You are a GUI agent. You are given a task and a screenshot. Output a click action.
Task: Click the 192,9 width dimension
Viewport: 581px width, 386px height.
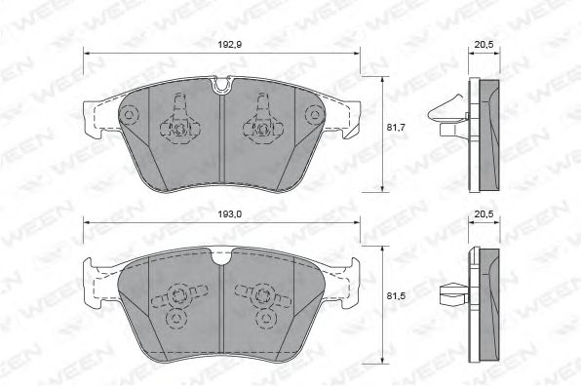coord(230,45)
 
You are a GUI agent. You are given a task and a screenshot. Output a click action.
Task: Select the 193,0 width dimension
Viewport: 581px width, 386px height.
coord(230,213)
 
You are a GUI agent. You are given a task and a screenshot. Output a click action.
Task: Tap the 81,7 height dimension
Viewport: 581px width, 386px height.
coord(396,128)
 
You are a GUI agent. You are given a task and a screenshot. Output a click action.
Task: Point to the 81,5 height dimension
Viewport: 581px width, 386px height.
coord(396,296)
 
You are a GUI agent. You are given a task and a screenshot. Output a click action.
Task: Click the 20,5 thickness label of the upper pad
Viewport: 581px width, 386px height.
coord(484,45)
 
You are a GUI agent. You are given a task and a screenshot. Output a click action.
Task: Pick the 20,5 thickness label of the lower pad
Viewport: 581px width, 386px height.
coord(484,213)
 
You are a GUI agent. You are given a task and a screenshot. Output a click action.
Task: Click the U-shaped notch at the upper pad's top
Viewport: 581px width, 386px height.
coord(221,84)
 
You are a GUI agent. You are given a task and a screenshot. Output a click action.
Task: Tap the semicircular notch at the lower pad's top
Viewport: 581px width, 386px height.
coord(221,256)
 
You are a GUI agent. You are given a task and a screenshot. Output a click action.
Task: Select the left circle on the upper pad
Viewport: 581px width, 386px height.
coord(130,115)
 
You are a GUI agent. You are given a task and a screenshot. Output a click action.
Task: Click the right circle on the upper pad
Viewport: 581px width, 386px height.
coord(314,114)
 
